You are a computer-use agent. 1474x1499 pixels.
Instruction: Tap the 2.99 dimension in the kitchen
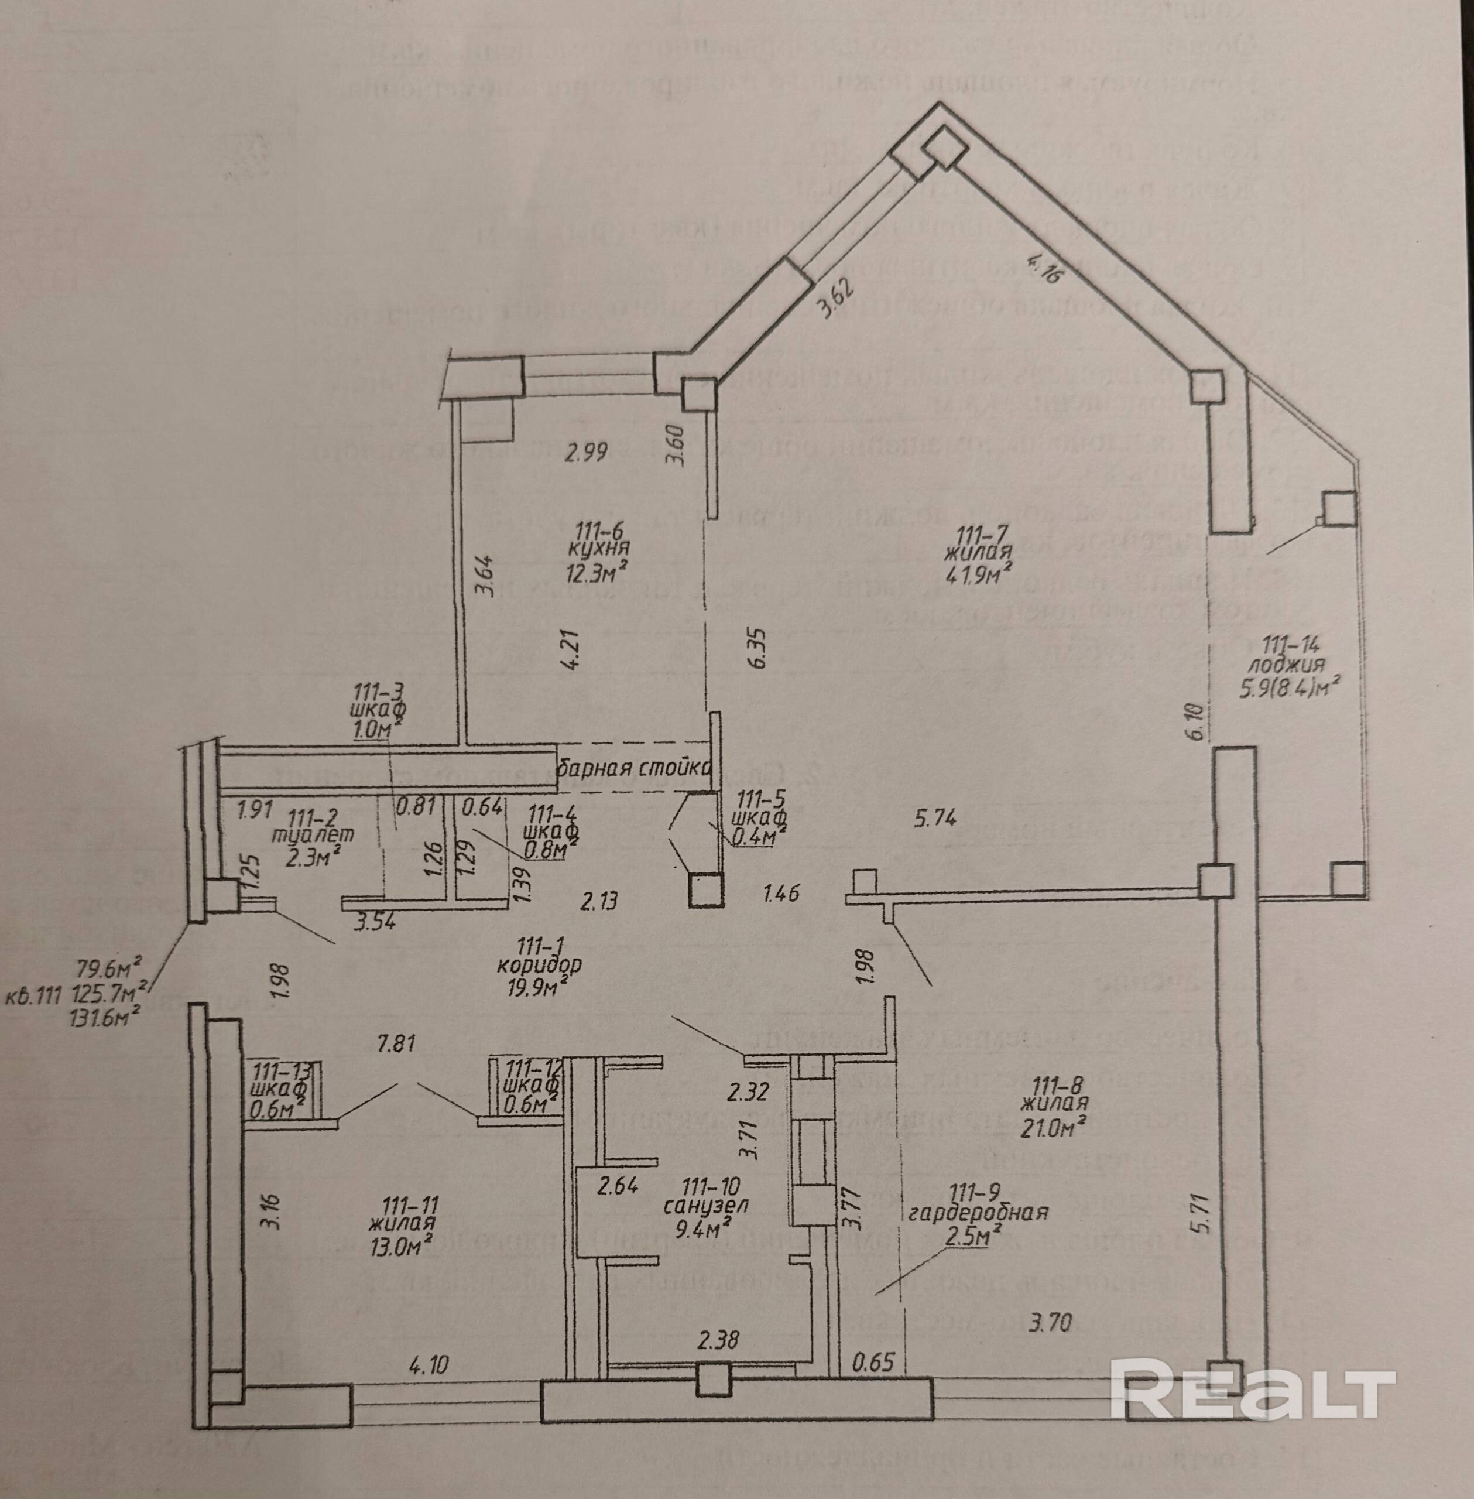[586, 451]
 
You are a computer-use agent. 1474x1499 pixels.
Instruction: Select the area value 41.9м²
[979, 574]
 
